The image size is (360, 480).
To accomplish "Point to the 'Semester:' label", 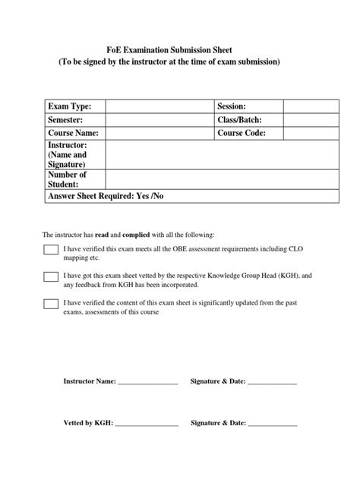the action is click(x=66, y=120).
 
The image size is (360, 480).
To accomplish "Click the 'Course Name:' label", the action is click(x=74, y=133).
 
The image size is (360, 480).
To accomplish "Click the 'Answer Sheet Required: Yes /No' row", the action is click(x=106, y=197).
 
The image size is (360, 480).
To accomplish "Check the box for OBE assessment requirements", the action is click(x=51, y=251).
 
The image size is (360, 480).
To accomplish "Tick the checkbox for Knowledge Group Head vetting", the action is click(x=51, y=277).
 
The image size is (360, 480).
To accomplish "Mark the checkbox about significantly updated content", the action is click(x=51, y=305).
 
